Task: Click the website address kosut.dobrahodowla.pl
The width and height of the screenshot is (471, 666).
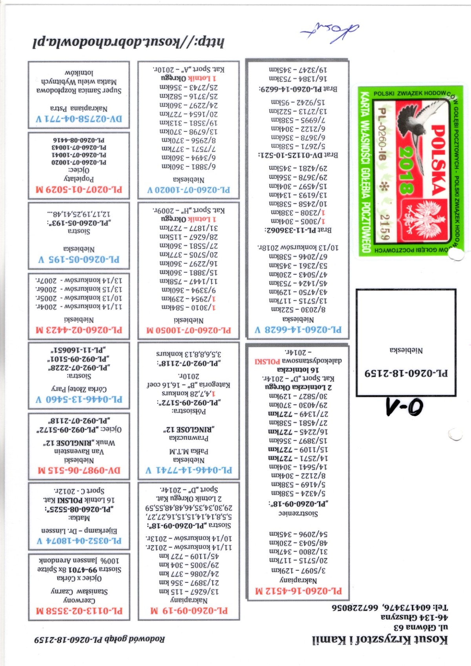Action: point(128,42)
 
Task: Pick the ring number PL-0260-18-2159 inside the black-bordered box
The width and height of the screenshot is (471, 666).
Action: point(406,373)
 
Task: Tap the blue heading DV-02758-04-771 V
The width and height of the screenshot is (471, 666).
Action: point(79,119)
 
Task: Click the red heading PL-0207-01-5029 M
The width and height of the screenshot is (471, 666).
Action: point(79,190)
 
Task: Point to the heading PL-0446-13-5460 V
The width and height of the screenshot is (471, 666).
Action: point(79,400)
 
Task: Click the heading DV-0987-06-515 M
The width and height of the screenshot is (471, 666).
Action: point(79,470)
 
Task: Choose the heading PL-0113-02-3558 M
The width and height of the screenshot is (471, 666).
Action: point(79,611)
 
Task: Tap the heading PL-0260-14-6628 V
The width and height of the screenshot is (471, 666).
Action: point(298,330)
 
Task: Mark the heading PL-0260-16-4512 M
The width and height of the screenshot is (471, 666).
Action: point(298,591)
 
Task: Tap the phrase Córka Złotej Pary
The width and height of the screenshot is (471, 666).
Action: point(79,389)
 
